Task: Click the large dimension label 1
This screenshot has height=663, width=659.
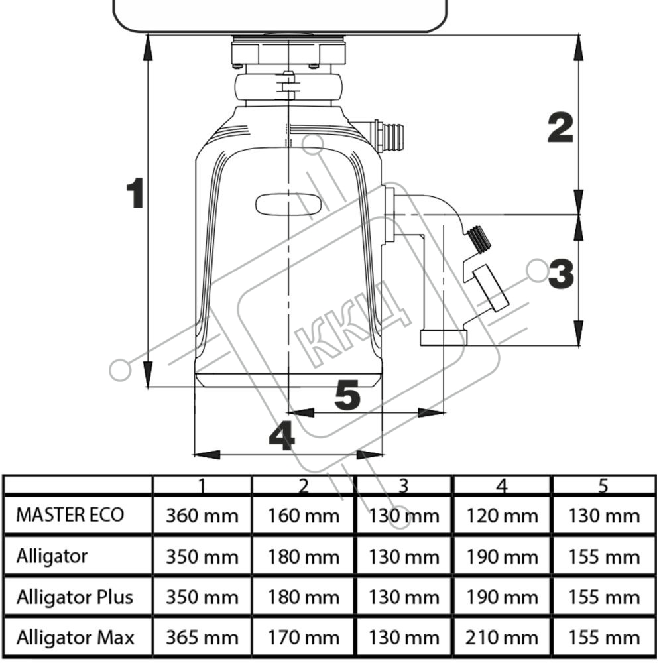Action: (x=136, y=193)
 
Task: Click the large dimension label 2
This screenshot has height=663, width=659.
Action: (x=560, y=127)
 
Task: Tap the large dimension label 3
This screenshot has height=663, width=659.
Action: (x=561, y=273)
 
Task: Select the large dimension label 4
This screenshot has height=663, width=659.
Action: (x=282, y=436)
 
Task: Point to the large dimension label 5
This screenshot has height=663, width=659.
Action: (x=347, y=395)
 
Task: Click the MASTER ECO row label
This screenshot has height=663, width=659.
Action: (x=70, y=515)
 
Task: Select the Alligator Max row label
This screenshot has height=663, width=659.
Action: (x=75, y=637)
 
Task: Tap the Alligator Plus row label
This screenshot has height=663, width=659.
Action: (x=75, y=597)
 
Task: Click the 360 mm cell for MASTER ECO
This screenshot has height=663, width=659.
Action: (x=202, y=516)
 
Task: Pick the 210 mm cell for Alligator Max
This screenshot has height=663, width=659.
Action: (x=502, y=638)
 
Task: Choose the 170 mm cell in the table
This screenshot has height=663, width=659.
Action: (x=304, y=638)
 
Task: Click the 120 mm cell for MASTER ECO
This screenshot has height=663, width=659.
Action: (x=502, y=516)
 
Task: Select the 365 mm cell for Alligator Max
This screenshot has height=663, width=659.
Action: (x=202, y=638)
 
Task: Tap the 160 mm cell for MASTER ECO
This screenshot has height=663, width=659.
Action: (x=304, y=516)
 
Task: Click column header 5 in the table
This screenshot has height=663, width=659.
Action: (x=603, y=486)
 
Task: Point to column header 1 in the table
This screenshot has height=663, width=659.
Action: (x=202, y=486)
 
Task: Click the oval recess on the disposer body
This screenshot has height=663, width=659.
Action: (x=288, y=204)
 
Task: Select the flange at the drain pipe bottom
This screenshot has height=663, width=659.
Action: (x=444, y=338)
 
